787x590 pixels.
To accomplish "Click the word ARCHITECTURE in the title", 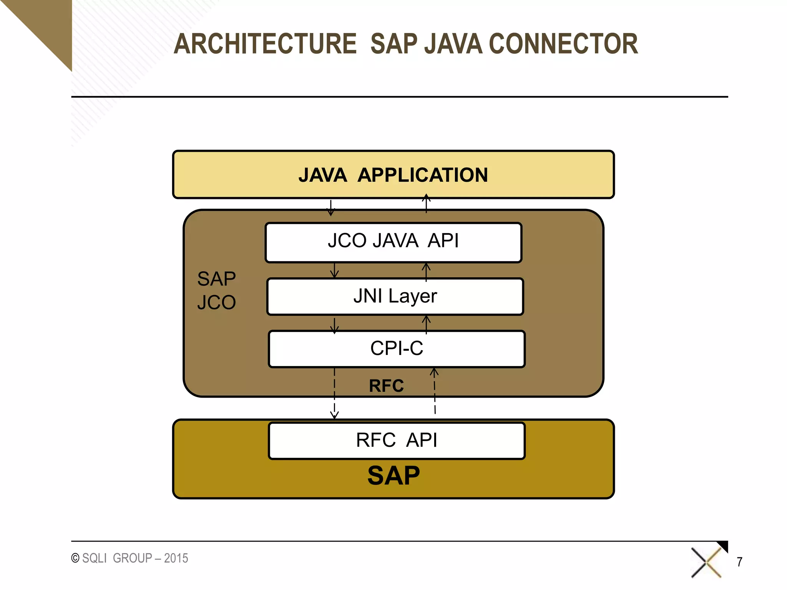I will coord(265,44).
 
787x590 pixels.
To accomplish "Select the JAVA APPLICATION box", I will coord(393,175).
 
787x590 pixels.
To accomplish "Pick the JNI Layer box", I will coord(395,296).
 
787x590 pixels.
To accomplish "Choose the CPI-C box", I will coord(397,348).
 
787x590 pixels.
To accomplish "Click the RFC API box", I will coord(397,440).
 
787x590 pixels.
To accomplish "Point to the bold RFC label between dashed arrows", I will coord(386,386).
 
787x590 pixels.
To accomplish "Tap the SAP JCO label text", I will coord(216,290).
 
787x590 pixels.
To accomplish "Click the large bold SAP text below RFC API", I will coord(393,476).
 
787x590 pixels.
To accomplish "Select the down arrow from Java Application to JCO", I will coord(330,207).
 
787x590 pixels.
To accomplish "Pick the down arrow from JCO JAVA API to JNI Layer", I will coord(334,270).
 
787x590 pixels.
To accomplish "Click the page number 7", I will coord(739,562).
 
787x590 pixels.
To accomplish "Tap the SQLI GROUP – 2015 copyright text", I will coord(130,558).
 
